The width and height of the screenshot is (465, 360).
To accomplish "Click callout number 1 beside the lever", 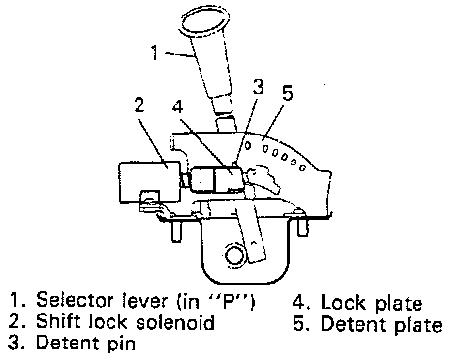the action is (x=155, y=52).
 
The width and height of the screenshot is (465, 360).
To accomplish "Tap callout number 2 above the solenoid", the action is (x=139, y=105).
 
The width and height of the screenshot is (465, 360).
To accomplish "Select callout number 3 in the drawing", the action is (x=258, y=86).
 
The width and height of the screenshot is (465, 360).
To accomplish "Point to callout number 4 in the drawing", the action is (x=178, y=106).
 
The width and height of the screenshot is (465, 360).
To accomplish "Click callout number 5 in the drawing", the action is (x=287, y=93).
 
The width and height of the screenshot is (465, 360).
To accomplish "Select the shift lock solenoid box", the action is (x=149, y=182).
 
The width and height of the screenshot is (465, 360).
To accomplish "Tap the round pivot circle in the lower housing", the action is (x=235, y=255).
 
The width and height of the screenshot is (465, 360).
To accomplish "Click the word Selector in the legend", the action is (x=75, y=300).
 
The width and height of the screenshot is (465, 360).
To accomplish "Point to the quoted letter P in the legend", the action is (x=230, y=300).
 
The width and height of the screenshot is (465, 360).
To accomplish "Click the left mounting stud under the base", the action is (x=176, y=230).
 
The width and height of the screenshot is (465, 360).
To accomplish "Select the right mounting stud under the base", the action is (x=302, y=225).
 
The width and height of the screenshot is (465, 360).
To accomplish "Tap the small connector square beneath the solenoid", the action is (x=149, y=197).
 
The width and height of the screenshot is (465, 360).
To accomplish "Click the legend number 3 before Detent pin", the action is (x=15, y=343).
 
